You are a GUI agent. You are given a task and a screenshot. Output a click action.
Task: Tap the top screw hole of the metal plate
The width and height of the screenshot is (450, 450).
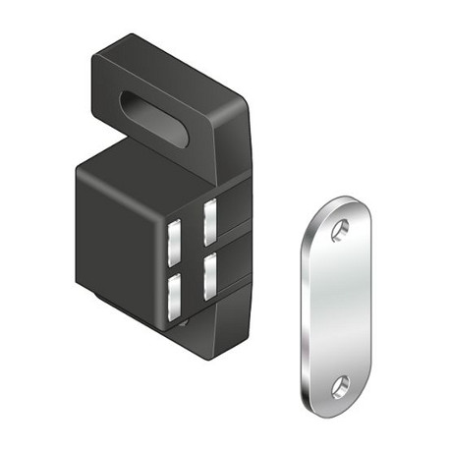[339, 229]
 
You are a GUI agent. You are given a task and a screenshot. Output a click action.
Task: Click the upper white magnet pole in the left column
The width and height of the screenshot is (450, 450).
[174, 239]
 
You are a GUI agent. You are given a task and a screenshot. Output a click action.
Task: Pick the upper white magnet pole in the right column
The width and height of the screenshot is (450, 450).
[209, 222]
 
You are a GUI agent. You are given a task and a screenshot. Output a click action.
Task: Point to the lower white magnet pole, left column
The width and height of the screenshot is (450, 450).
[174, 295]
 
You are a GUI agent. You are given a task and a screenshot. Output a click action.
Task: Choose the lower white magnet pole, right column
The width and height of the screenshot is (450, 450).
[209, 276]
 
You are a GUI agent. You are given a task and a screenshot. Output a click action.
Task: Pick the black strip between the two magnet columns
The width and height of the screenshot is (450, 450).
[192, 257]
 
